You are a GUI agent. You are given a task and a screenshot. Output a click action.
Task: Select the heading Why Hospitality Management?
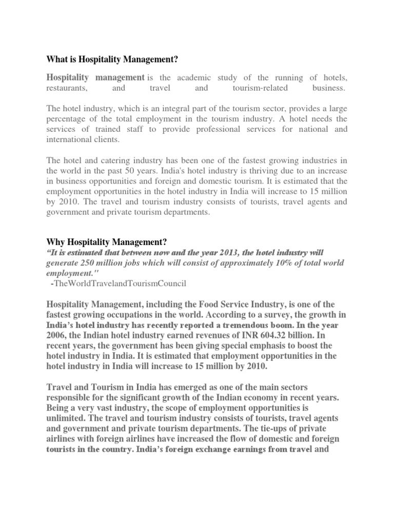pyautogui.click(x=107, y=241)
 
